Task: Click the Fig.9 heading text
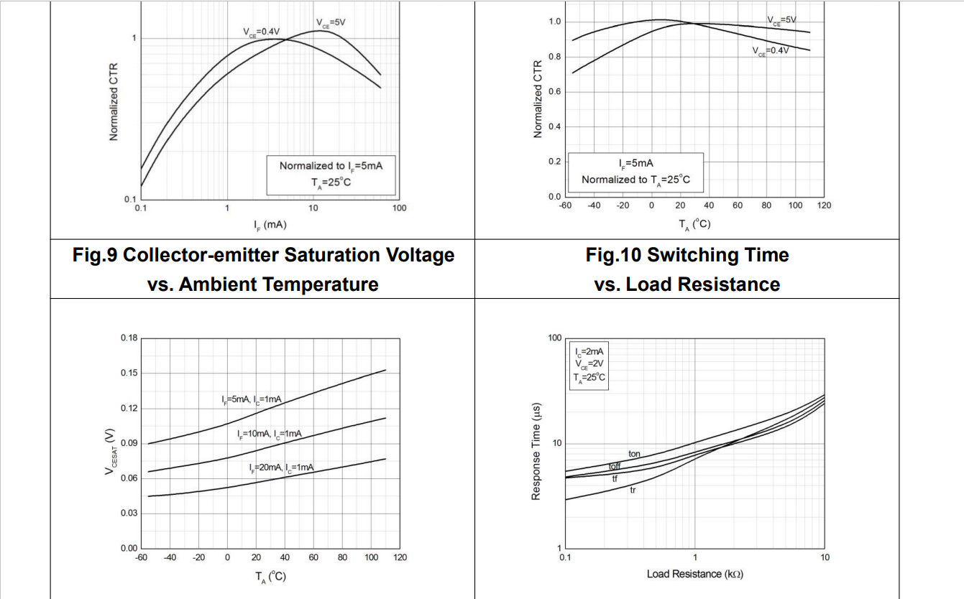[x=263, y=269]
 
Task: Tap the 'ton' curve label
[x=634, y=454]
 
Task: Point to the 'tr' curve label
[x=633, y=491]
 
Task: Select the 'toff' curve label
[x=615, y=467]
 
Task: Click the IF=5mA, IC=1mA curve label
[x=252, y=399]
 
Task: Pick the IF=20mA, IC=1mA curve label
[x=282, y=468]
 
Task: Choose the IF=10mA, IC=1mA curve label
[x=269, y=434]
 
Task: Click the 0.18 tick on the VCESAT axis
[x=128, y=338]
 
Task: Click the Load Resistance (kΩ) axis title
[x=694, y=574]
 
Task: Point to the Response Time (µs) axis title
[x=536, y=451]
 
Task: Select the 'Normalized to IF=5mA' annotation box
[x=331, y=174]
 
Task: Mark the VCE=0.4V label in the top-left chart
[x=261, y=32]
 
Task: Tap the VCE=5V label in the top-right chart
[x=781, y=20]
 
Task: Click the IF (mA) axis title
[x=270, y=225]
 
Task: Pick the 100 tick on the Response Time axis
[x=554, y=338]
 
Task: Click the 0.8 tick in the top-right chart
[x=554, y=57]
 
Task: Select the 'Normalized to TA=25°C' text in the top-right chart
[x=635, y=180]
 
